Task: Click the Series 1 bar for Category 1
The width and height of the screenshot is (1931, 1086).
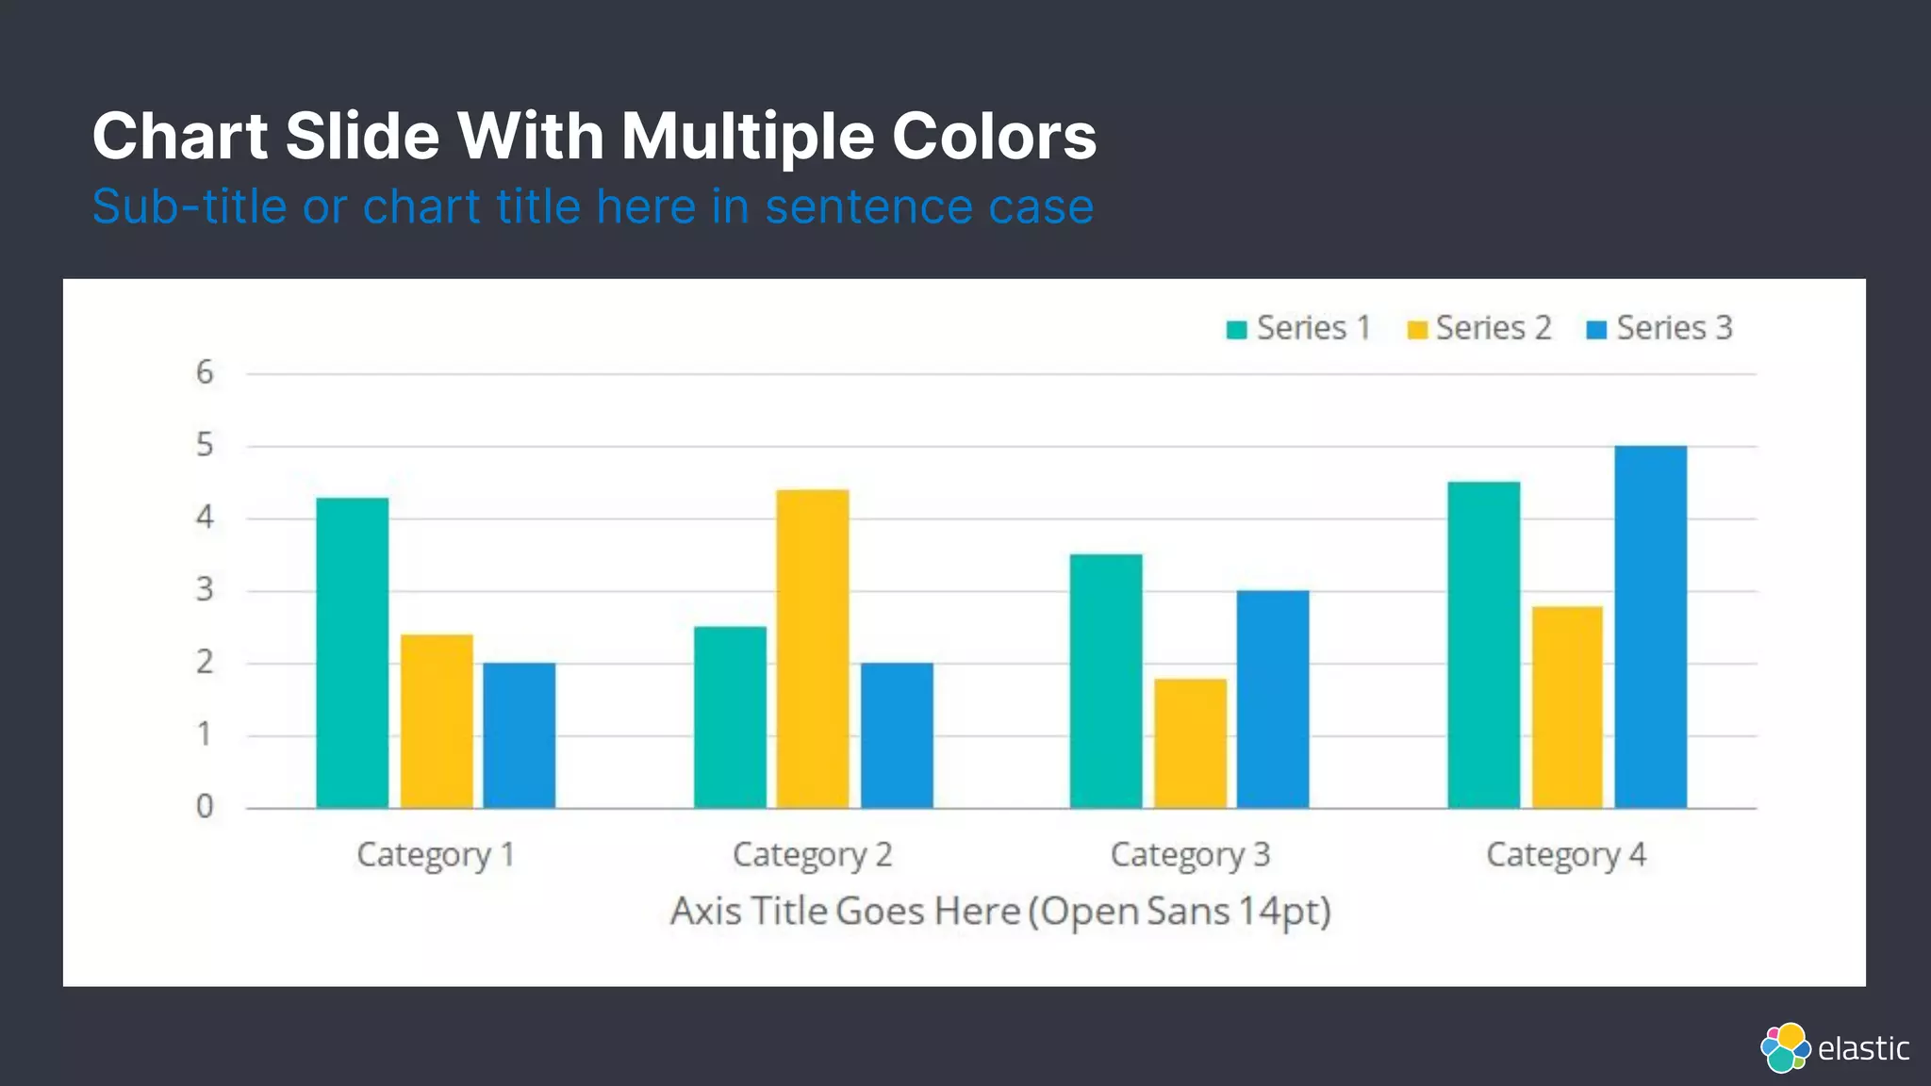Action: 352,652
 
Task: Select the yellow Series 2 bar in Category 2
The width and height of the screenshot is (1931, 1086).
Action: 813,649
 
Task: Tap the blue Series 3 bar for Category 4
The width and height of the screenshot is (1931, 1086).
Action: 1650,627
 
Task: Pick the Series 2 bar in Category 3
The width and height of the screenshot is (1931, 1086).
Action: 1190,743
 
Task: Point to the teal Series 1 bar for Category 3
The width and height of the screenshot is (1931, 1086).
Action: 1106,681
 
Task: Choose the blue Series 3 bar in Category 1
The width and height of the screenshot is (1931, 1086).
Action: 520,735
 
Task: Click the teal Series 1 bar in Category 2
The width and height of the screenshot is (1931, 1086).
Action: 730,716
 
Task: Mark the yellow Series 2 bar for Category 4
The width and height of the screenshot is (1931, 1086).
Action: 1567,707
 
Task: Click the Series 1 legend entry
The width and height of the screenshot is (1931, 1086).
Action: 1298,328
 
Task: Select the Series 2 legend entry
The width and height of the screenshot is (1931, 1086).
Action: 1478,328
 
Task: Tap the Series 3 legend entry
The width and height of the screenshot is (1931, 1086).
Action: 1659,328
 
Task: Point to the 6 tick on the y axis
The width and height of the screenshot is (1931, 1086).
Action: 205,373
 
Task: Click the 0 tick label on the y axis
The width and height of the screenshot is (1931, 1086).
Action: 205,807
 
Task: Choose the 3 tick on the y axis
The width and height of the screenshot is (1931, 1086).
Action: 205,590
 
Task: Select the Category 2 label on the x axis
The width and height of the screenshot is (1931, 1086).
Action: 812,855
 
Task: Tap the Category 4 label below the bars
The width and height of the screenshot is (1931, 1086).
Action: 1566,855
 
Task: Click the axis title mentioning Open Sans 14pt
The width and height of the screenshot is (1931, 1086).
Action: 1000,912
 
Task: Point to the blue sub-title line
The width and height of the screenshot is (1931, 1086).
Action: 592,206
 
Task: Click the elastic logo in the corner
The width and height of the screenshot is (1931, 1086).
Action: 1834,1047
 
